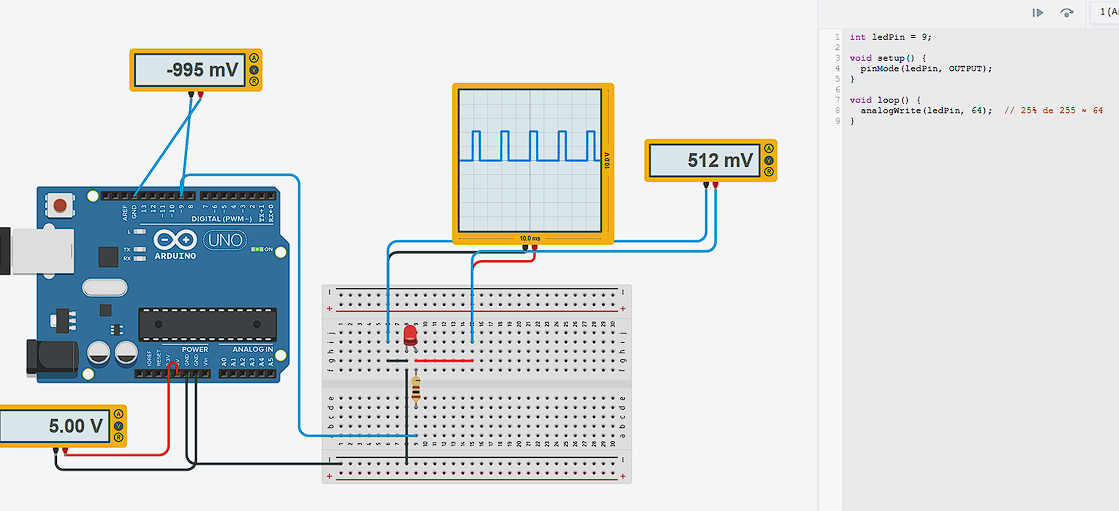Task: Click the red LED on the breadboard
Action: [410, 335]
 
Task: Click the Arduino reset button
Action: [62, 206]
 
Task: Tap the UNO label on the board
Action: [224, 241]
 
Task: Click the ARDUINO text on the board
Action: [176, 255]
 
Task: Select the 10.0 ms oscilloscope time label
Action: [529, 239]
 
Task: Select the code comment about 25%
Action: [1054, 110]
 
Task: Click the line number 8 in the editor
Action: [837, 121]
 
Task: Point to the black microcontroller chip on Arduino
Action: [207, 325]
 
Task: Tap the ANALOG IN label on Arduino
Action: [251, 349]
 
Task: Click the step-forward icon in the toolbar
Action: [1038, 13]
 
